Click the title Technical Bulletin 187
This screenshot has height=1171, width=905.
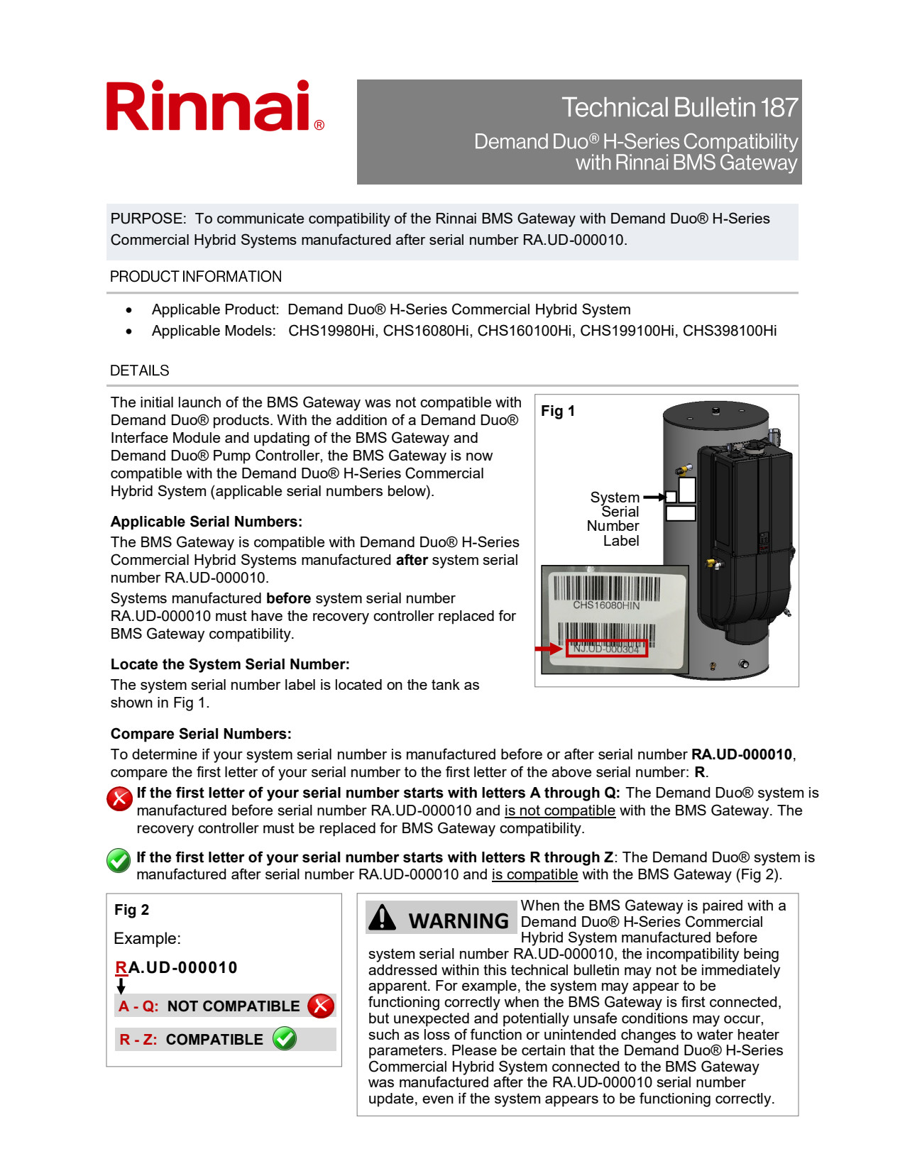pos(679,108)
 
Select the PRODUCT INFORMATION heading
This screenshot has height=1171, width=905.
pos(196,277)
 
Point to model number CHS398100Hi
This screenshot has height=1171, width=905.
pos(729,331)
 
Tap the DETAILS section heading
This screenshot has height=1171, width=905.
pos(140,370)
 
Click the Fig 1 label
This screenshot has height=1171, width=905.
pos(558,411)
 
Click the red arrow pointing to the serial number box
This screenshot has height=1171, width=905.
pos(549,649)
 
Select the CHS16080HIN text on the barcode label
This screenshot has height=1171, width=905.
pos(606,605)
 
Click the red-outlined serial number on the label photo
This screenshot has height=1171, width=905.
pos(606,649)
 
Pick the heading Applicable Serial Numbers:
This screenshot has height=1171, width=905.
pos(207,522)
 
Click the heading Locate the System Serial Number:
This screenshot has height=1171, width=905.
pos(230,664)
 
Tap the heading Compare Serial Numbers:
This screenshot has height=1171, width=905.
pos(201,734)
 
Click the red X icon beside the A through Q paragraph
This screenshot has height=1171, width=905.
pos(119,798)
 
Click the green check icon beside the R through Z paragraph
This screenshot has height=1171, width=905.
pos(119,860)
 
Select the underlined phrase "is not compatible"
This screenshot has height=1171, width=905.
pos(559,810)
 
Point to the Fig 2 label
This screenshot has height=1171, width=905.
pos(132,910)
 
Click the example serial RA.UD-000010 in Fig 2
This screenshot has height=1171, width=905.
pos(176,967)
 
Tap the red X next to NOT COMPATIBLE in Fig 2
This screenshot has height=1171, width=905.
pos(321,1006)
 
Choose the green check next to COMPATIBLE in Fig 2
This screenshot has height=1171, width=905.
pos(285,1038)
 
